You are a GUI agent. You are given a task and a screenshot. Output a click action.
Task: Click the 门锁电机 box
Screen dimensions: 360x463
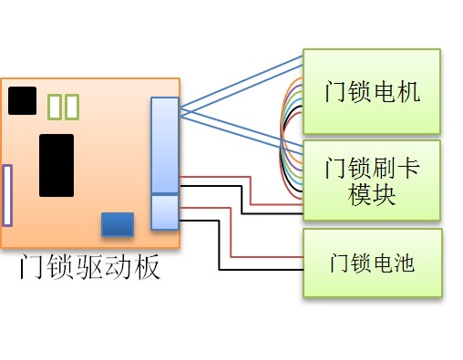click(x=371, y=91)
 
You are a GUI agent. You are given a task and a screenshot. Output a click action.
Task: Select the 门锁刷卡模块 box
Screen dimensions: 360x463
click(x=371, y=180)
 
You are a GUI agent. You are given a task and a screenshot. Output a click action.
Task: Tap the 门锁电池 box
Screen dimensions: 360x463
click(x=371, y=262)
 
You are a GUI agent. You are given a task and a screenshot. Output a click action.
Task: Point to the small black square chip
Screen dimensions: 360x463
click(x=22, y=100)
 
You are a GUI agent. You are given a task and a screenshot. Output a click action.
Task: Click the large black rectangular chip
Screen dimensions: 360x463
click(x=57, y=165)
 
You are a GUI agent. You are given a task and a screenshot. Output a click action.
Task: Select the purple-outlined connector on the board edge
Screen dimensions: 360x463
click(x=7, y=195)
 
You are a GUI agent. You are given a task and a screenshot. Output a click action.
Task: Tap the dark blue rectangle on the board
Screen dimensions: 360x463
click(x=117, y=223)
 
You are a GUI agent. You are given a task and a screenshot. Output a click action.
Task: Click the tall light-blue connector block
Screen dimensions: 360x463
click(x=165, y=146)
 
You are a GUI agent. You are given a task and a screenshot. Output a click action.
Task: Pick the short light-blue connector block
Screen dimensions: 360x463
click(x=165, y=212)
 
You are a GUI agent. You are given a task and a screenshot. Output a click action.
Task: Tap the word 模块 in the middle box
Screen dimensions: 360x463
click(x=371, y=195)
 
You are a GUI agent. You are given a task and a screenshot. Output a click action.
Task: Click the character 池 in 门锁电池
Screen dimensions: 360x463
click(x=403, y=262)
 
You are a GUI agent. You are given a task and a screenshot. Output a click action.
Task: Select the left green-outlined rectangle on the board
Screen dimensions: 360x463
click(x=55, y=108)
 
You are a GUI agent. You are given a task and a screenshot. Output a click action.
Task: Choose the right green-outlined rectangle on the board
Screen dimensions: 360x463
click(x=72, y=108)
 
